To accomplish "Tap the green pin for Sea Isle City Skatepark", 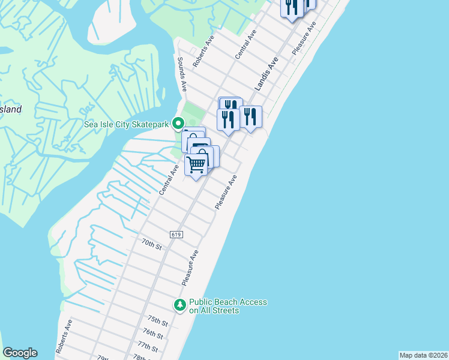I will tap(178, 124).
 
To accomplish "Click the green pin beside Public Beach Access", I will tap(179, 305).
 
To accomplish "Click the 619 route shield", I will tap(175, 234).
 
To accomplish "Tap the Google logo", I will tap(20, 353).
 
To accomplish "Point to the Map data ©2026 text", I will tap(423, 355).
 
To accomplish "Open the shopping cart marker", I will tap(196, 163).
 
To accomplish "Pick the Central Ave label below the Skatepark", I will tap(169, 179).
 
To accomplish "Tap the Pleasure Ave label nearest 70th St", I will tap(190, 268).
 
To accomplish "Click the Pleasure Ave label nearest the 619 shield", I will tap(226, 192).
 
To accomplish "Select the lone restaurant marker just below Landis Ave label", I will tap(250, 116).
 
